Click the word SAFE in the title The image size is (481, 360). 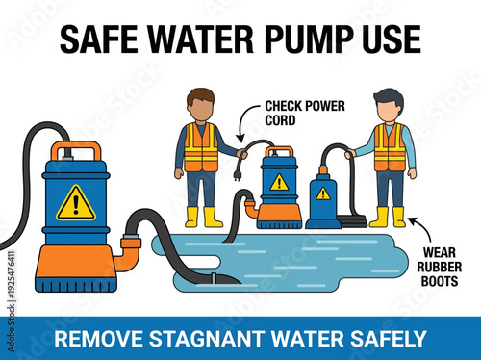(x=97, y=39)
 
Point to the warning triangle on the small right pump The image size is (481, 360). (x=323, y=193)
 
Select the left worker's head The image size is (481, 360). (x=200, y=104)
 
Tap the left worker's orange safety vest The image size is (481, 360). (x=200, y=146)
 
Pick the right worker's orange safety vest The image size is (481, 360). (x=389, y=147)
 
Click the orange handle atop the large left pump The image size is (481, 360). (x=76, y=148)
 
